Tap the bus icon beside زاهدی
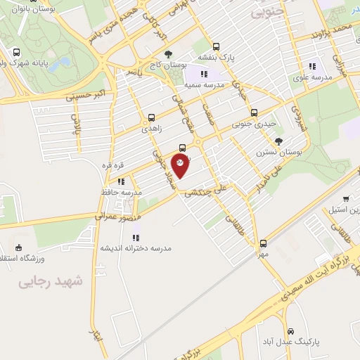[x=151, y=119]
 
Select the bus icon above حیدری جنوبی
[x=254, y=112]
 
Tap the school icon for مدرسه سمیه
[x=204, y=73]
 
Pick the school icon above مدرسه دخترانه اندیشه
[x=136, y=238]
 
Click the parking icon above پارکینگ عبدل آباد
[x=289, y=330]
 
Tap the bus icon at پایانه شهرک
[x=16, y=51]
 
